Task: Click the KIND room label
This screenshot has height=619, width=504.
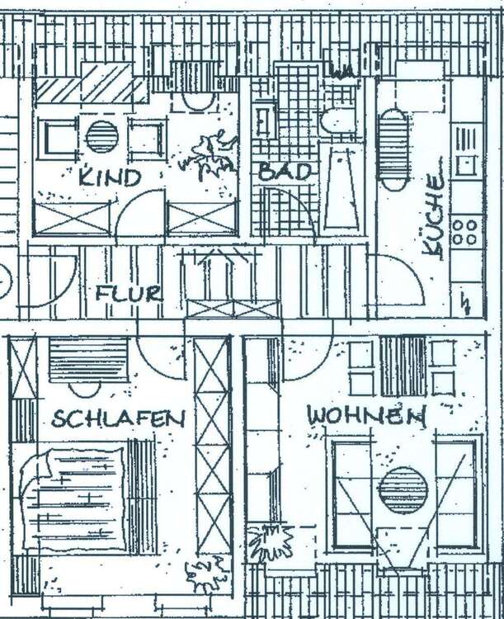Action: (110, 177)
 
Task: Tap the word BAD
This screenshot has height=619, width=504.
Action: (285, 172)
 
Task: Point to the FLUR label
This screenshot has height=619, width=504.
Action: (128, 294)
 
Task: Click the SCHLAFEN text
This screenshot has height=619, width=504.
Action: (117, 418)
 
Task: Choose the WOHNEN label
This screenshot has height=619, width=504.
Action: (365, 415)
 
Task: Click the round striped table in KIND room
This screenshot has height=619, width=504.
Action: (102, 137)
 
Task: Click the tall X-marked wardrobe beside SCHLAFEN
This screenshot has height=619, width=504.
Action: (213, 446)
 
